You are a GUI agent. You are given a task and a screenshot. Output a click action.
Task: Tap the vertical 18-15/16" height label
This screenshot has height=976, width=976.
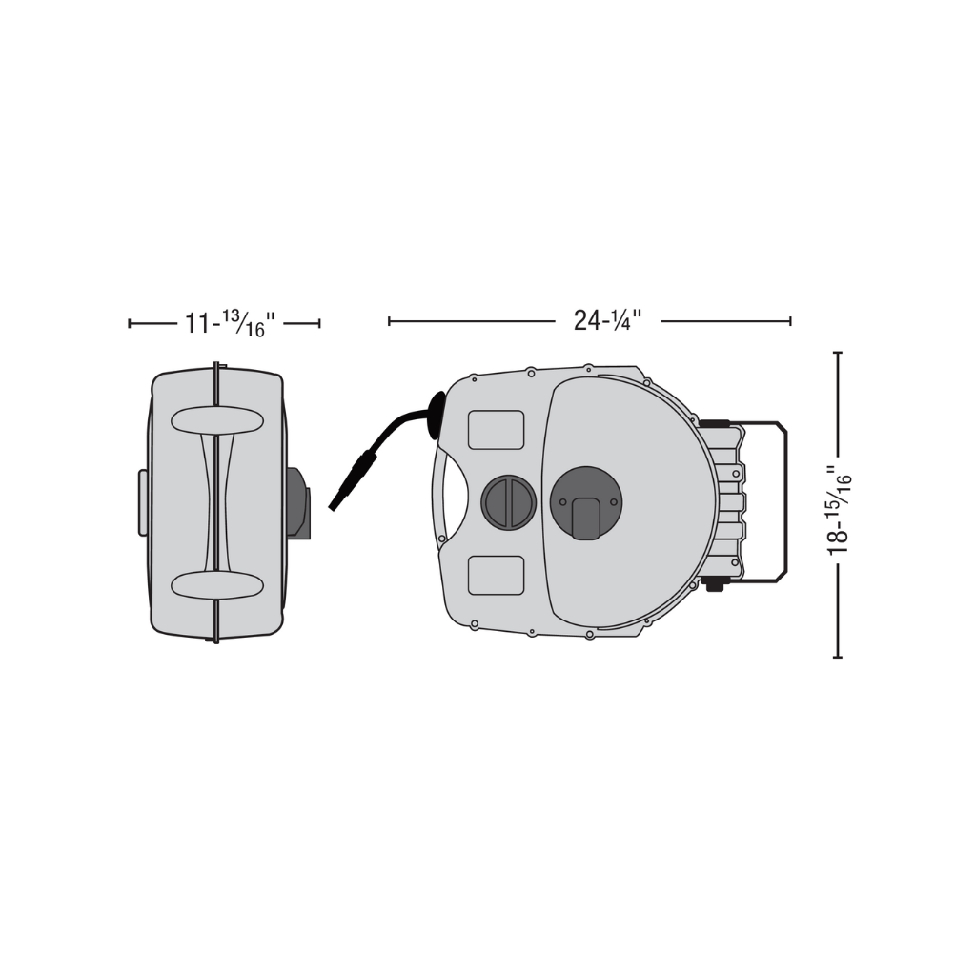(839, 509)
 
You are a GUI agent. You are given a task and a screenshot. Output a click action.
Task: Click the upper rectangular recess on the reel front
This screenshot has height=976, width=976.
(496, 430)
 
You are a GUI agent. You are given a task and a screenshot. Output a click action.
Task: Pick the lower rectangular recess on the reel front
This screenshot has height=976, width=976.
(496, 575)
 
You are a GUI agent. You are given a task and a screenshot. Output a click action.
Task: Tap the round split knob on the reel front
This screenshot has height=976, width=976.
(508, 501)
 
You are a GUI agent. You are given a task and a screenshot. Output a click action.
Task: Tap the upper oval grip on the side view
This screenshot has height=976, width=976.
(217, 420)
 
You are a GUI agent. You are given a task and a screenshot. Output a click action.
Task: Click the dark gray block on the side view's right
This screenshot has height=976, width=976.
(296, 502)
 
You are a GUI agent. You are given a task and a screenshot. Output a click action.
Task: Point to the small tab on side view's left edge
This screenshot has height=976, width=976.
(142, 502)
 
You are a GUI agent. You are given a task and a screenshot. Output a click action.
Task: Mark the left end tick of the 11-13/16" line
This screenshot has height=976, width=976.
(130, 324)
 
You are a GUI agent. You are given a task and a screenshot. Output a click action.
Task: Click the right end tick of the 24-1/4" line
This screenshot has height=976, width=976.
(790, 321)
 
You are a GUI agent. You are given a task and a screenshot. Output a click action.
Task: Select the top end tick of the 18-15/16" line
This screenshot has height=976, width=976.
(838, 353)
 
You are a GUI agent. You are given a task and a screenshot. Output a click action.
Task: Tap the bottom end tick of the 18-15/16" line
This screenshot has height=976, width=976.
(838, 657)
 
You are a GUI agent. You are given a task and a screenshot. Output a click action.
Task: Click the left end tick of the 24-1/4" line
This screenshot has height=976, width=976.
(390, 321)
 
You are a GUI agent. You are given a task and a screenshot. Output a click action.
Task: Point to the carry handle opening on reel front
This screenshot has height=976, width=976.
(453, 501)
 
